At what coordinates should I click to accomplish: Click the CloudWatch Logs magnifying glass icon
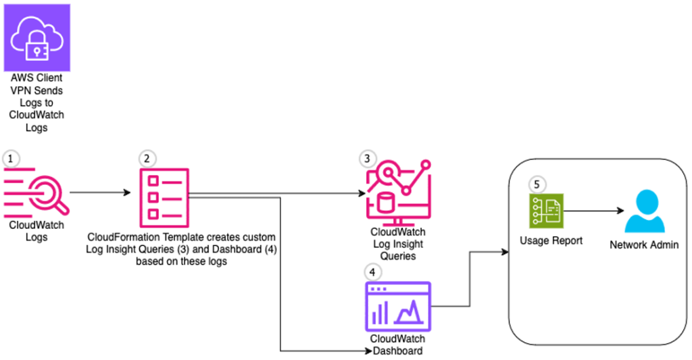[36, 193]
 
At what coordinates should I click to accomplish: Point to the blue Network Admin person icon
[643, 211]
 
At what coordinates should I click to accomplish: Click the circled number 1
[10, 158]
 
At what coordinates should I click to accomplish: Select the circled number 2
[146, 159]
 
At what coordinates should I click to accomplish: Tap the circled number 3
[367, 159]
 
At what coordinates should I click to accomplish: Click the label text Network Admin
[643, 245]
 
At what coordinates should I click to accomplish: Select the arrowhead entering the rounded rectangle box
[505, 253]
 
